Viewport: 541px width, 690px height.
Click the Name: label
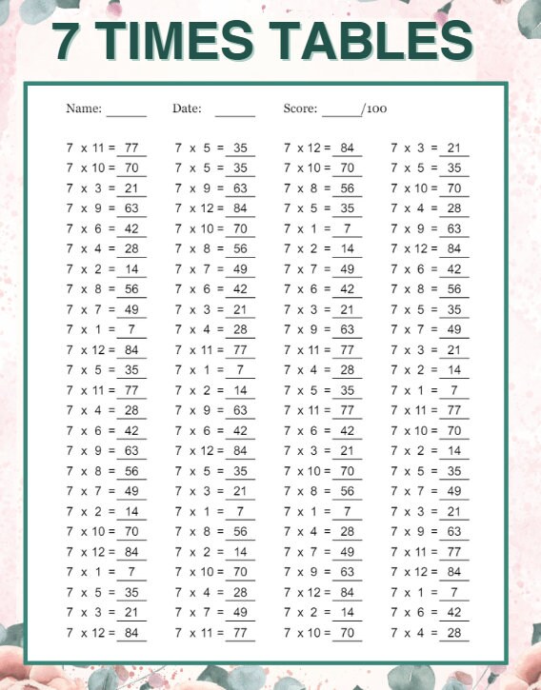pos(84,108)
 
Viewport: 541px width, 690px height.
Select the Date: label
pos(187,108)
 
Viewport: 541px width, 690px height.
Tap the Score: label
pos(300,108)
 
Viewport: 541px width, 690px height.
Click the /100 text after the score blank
pos(374,108)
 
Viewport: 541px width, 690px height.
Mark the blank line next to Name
pos(127,113)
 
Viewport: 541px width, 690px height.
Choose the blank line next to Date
pos(234,113)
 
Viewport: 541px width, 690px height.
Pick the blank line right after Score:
pos(341,113)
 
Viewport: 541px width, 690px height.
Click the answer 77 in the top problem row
pos(131,148)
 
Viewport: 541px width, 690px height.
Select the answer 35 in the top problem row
pos(240,148)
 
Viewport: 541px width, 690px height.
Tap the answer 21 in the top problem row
pos(454,148)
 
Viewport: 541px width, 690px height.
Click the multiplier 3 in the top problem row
pos(420,148)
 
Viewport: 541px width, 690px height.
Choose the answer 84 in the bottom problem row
pos(131,632)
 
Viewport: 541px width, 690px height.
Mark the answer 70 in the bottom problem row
pos(347,632)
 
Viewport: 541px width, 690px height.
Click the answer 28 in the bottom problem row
pos(454,632)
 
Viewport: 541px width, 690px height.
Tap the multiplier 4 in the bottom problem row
pos(420,632)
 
